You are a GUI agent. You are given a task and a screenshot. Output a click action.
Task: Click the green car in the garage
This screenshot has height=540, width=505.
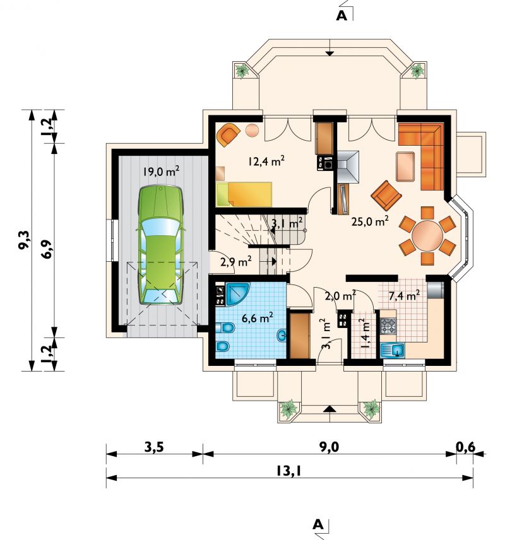click(x=160, y=245)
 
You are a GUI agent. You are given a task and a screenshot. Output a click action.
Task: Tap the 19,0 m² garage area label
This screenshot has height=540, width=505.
click(x=161, y=171)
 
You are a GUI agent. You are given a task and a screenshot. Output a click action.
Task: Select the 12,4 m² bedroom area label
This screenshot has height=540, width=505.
click(x=266, y=161)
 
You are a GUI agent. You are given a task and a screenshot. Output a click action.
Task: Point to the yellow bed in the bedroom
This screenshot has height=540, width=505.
click(x=244, y=194)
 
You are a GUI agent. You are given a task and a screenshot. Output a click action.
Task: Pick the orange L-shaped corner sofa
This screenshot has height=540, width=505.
click(x=425, y=153)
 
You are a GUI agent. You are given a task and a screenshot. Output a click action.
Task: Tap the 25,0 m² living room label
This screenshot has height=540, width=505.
click(x=370, y=221)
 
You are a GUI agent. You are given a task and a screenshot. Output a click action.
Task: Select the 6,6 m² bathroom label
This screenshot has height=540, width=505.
click(x=258, y=317)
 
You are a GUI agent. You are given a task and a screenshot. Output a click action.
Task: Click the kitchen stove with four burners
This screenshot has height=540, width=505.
click(x=388, y=326)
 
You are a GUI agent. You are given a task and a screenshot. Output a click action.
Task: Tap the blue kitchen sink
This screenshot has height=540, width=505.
click(x=393, y=351)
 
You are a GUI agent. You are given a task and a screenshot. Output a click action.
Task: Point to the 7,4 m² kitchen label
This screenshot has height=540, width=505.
click(x=404, y=295)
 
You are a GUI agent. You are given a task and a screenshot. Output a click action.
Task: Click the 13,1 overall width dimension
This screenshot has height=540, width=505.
click(x=288, y=471)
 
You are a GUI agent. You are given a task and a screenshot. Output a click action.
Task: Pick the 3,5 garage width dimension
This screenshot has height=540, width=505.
click(x=154, y=447)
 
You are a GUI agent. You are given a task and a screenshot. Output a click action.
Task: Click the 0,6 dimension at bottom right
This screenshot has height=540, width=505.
click(x=466, y=447)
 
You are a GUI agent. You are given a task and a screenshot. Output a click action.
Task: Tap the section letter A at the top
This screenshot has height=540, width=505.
click(x=342, y=16)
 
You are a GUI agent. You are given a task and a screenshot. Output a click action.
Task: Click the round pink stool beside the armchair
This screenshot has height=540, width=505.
click(x=252, y=130)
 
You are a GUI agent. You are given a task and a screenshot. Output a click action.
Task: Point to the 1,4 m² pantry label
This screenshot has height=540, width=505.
click(x=362, y=333)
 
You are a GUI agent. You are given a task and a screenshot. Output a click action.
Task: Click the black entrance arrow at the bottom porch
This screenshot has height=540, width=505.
click(x=330, y=409)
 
